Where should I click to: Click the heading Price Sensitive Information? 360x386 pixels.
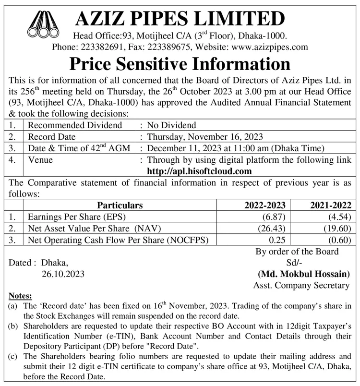[x=180, y=64]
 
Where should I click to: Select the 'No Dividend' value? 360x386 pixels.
[x=171, y=125]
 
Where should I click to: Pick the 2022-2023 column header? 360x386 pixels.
[x=265, y=205]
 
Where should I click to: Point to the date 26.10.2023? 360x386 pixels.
[x=63, y=274]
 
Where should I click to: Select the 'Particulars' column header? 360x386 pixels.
[x=120, y=205]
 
